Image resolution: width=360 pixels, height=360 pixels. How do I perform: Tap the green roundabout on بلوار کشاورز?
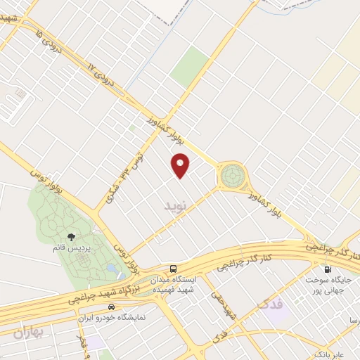[233, 176]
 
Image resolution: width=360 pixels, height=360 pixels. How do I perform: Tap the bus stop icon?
[173, 269]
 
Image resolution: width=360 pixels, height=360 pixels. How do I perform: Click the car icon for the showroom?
[111, 307]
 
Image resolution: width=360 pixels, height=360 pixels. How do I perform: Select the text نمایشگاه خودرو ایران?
[111, 317]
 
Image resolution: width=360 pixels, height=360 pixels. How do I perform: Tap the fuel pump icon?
[327, 269]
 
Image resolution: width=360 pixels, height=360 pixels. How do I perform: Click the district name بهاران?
[28, 333]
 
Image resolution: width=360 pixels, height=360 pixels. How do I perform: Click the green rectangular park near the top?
[189, 66]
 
